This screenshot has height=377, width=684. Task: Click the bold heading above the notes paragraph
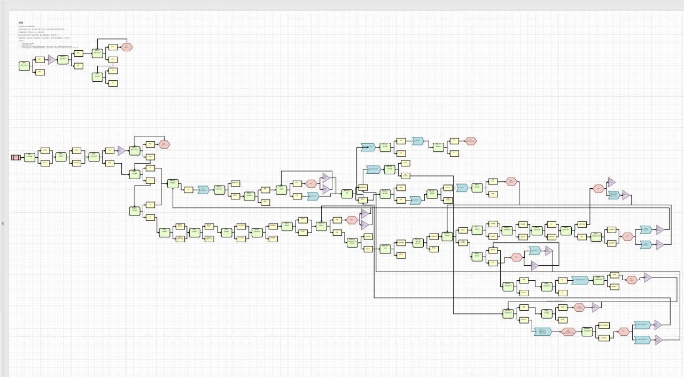click(x=21, y=22)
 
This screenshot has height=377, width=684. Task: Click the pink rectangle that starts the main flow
click(x=15, y=157)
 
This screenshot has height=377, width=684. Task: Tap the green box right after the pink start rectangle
click(x=30, y=157)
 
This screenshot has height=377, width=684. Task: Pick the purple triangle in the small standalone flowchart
click(x=51, y=59)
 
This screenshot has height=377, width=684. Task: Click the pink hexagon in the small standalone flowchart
click(x=127, y=47)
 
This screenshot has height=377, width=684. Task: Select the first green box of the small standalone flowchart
click(x=24, y=66)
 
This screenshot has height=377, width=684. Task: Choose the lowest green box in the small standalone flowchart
click(x=97, y=76)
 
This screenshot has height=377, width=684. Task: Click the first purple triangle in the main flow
click(x=121, y=151)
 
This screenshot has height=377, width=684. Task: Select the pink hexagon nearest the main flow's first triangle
click(x=164, y=144)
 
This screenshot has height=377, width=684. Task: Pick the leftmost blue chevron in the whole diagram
click(x=203, y=190)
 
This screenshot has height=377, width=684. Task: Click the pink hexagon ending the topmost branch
click(x=470, y=141)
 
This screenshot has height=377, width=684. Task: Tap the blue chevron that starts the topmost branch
click(x=368, y=147)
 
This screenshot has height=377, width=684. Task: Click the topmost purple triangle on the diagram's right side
click(x=611, y=182)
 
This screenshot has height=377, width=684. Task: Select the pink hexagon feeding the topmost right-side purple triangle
click(x=598, y=188)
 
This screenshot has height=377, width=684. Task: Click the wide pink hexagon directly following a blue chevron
click(x=569, y=332)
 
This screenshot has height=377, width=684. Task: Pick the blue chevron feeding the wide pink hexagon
click(x=542, y=332)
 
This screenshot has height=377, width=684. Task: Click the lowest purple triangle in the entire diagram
click(x=658, y=340)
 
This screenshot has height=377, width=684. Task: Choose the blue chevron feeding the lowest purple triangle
click(x=642, y=340)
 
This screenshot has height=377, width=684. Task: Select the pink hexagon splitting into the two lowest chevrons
click(x=623, y=332)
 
